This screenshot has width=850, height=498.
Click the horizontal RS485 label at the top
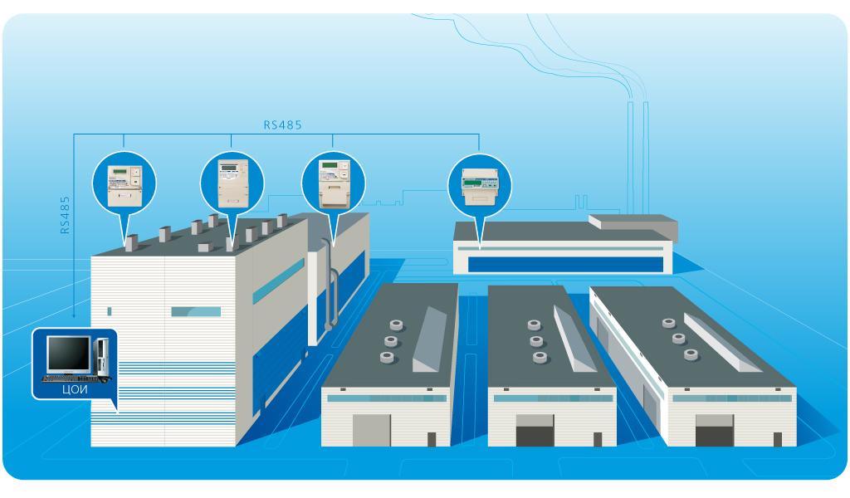[x=282, y=125]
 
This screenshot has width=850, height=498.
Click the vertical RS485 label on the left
[x=65, y=215]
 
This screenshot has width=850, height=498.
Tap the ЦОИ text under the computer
[x=75, y=389]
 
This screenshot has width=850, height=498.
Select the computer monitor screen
[x=69, y=354]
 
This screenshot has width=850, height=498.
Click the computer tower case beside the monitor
[x=101, y=359]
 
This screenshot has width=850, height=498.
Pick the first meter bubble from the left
[x=125, y=184]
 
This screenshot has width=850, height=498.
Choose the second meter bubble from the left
[x=232, y=183]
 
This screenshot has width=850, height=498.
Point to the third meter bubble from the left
[x=334, y=183]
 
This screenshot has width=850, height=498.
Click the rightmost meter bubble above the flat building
[x=480, y=186]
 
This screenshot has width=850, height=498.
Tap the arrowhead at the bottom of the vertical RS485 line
[x=74, y=315]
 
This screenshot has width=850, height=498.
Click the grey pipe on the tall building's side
[x=330, y=285]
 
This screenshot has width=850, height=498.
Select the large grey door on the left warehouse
[x=371, y=431]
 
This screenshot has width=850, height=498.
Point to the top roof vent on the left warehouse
[x=396, y=325]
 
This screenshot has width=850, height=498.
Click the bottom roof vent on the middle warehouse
[x=540, y=357]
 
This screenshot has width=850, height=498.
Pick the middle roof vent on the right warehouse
[x=679, y=339]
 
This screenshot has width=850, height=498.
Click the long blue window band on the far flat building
[x=565, y=264]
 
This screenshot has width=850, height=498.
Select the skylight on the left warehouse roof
[x=430, y=339]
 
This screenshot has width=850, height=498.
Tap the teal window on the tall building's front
[x=196, y=311]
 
